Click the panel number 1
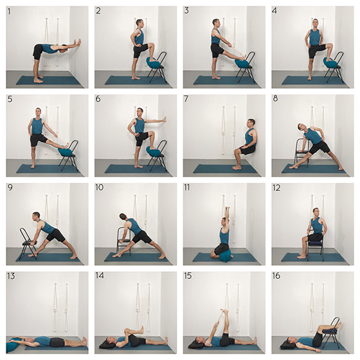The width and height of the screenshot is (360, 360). pos(10,11)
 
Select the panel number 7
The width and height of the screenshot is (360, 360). pos(186,99)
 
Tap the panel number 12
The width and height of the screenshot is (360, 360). pos(276,188)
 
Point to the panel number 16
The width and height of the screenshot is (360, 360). pos(276,276)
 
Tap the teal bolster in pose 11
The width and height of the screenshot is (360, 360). pos(224,256)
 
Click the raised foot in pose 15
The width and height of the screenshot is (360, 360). pos(225,313)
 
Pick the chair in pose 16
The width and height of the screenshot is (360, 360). pos(333,331)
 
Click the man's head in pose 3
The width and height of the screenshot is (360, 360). pos(217,23)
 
